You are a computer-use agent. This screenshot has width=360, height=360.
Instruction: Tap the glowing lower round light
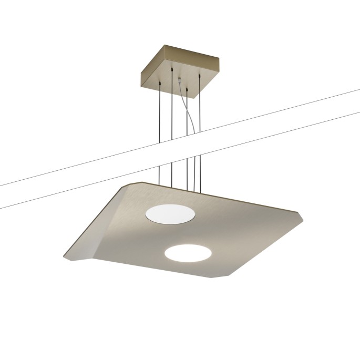click(188, 254)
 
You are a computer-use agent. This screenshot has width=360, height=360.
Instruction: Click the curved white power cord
click(185, 105)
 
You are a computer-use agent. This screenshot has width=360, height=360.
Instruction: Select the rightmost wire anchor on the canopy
click(200, 78)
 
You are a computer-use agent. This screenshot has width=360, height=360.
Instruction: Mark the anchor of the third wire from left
click(188, 90)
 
